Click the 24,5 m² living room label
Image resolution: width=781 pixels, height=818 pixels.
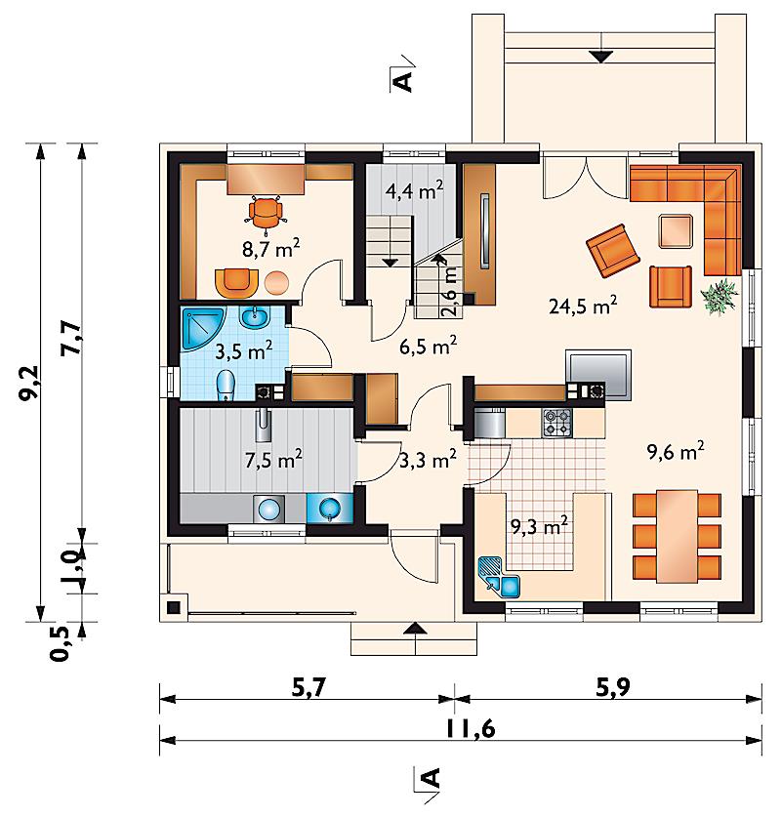tap(583, 306)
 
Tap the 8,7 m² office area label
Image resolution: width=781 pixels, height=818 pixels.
tap(270, 248)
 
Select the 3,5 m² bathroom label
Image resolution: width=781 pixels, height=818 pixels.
tap(244, 351)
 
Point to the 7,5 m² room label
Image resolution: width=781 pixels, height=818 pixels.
tap(273, 460)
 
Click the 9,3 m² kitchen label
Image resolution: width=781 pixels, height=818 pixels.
tap(539, 527)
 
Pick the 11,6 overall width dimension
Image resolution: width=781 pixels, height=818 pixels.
tap(470, 729)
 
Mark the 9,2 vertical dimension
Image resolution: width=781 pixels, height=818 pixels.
tap(28, 383)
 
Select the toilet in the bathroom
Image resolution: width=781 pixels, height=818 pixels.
tap(226, 385)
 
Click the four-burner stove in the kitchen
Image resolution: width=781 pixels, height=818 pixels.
tap(557, 423)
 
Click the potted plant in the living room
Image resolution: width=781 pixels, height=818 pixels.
tap(719, 297)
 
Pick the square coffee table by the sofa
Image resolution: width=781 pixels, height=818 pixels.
tap(676, 230)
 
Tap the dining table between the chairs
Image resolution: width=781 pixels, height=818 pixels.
tap(678, 536)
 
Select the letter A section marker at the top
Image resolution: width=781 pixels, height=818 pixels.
tap(403, 81)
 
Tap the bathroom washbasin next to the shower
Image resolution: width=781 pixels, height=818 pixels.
tap(254, 316)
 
